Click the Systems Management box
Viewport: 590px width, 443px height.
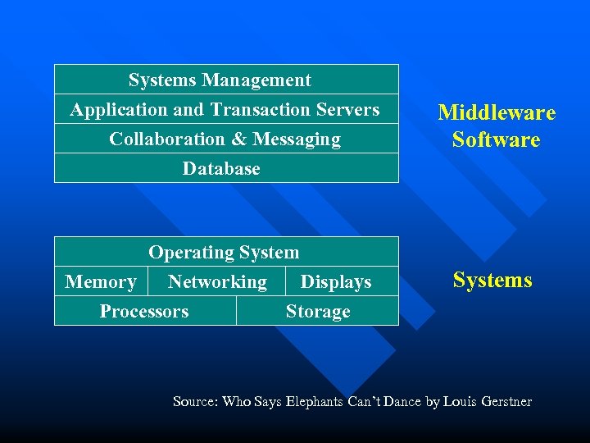(220, 80)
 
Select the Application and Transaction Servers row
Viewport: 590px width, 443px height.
(225, 109)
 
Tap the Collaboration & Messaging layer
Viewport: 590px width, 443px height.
(225, 139)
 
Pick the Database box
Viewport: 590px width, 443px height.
(221, 168)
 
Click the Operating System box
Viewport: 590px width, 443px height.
(224, 252)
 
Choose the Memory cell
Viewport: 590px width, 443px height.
(101, 281)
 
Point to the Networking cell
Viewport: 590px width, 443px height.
(217, 281)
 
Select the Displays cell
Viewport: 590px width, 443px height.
(336, 281)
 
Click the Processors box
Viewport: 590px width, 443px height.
(144, 311)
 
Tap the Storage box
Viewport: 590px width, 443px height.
(318, 311)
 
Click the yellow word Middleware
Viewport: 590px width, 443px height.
(497, 112)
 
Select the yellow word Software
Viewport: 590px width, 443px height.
(497, 139)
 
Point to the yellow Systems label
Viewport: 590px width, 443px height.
(492, 280)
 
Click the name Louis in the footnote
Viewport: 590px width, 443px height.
(461, 401)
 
